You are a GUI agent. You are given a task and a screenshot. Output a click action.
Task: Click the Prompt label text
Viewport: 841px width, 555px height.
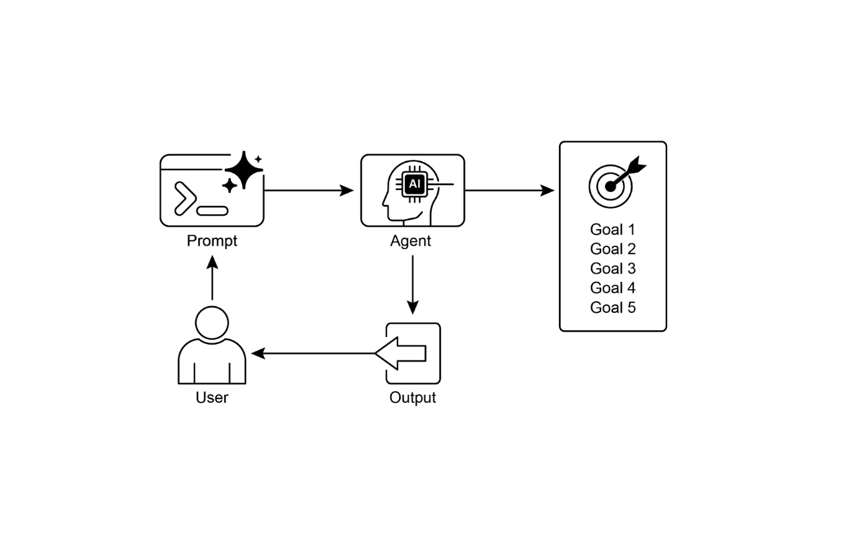click(x=212, y=241)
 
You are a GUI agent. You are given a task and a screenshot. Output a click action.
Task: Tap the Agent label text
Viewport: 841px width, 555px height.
click(x=411, y=241)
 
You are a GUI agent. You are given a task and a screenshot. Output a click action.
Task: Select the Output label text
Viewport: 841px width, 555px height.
click(x=412, y=397)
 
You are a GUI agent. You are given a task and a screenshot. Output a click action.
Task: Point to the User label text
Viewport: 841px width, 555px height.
click(x=212, y=397)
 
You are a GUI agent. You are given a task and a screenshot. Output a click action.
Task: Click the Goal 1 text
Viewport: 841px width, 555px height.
click(x=612, y=230)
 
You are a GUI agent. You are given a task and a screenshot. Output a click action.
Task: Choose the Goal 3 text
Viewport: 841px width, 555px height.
click(x=612, y=269)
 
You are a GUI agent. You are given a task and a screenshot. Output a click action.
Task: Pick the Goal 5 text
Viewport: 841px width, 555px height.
click(x=612, y=308)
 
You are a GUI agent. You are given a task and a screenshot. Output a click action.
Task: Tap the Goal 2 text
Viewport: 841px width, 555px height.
click(x=612, y=249)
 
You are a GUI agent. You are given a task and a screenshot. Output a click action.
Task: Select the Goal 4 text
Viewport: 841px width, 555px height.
click(x=612, y=288)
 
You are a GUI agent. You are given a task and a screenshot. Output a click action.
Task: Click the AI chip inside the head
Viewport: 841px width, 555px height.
click(x=414, y=184)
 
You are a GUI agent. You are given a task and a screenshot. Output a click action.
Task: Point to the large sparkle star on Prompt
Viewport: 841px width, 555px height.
click(x=243, y=169)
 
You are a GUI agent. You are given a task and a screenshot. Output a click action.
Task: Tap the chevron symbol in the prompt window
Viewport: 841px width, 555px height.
click(x=185, y=198)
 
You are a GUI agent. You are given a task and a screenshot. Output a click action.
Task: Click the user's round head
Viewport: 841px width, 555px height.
click(x=212, y=323)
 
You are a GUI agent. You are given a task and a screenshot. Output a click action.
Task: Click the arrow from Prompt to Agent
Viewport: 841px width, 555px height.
click(x=308, y=190)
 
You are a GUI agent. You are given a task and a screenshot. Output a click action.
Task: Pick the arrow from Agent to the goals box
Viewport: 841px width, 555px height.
click(x=509, y=190)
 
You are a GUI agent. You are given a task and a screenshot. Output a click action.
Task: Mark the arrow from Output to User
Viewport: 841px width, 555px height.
click(x=314, y=353)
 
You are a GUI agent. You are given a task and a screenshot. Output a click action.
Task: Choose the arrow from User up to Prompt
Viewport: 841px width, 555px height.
click(x=212, y=279)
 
